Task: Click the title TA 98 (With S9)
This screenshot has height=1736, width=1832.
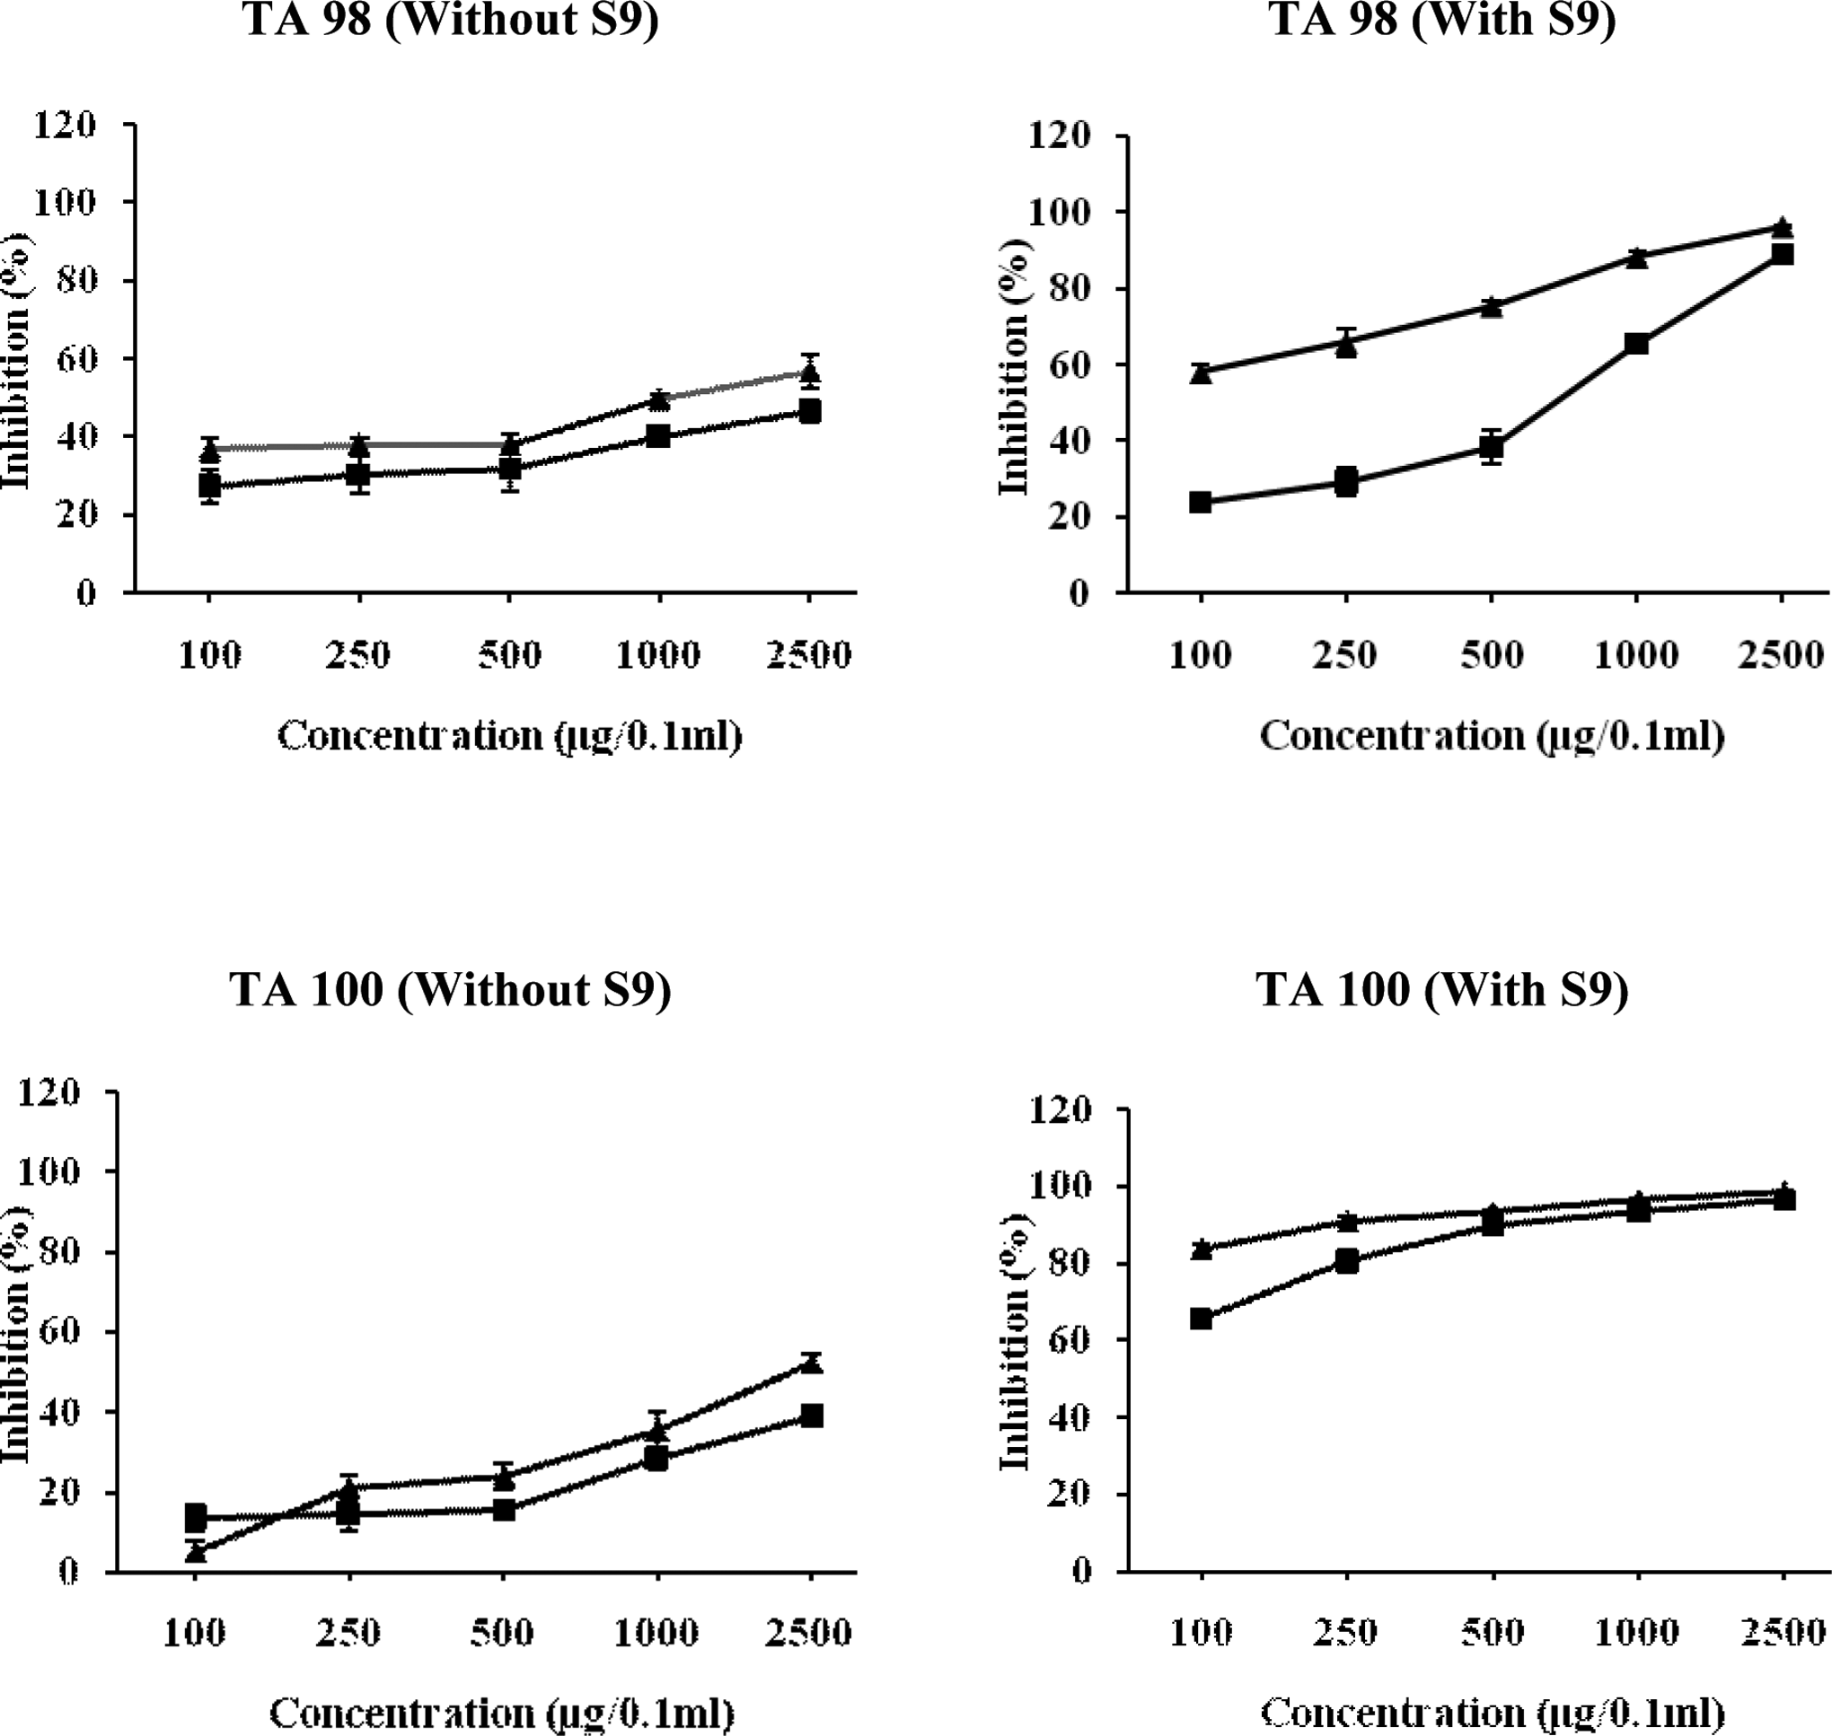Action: [x=1442, y=20]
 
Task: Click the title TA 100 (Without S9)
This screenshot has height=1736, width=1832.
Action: [x=451, y=990]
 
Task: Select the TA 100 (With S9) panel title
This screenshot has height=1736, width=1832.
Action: [x=1442, y=990]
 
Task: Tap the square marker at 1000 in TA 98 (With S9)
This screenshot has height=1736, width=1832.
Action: [x=1636, y=343]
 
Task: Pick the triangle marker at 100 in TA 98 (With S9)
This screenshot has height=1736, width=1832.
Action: [x=1202, y=373]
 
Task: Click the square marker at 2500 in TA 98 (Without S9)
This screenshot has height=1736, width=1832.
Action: [x=810, y=411]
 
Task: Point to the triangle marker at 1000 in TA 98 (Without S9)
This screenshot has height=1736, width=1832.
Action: [x=659, y=399]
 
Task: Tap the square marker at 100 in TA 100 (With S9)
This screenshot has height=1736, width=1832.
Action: [x=1202, y=1318]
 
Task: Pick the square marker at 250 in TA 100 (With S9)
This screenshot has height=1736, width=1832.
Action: [x=1347, y=1260]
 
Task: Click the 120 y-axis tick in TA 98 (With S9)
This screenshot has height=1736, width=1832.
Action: [x=1060, y=136]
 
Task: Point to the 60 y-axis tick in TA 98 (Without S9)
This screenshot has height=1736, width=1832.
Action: [x=76, y=358]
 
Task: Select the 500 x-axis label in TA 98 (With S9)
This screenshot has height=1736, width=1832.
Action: [x=1493, y=655]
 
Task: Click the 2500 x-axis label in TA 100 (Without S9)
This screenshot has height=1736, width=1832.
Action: [x=808, y=1633]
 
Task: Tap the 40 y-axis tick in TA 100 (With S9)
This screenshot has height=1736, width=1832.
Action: [x=1070, y=1417]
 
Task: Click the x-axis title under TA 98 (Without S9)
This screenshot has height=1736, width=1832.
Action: [x=510, y=737]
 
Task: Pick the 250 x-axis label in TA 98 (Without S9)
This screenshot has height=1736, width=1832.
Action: [x=357, y=655]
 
